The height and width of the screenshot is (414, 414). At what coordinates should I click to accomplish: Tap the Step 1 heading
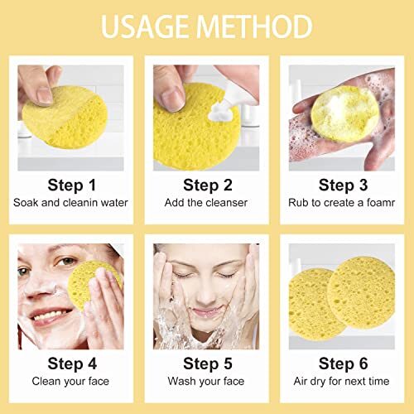click(70, 185)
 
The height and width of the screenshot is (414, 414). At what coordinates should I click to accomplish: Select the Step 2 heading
click(206, 185)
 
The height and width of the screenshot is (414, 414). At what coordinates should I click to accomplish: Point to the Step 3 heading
click(342, 185)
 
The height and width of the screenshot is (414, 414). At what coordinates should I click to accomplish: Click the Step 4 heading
click(70, 363)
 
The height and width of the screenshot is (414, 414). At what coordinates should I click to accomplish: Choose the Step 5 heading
click(206, 363)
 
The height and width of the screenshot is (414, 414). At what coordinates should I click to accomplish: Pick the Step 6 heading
click(342, 363)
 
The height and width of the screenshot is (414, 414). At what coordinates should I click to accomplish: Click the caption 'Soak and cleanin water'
click(70, 202)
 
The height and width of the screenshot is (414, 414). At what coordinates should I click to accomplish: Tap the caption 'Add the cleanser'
click(206, 202)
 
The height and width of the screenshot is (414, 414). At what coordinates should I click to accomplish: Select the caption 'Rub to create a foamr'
click(342, 202)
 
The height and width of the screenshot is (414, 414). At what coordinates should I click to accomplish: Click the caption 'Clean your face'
click(70, 381)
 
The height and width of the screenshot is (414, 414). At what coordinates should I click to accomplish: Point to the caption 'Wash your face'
click(206, 381)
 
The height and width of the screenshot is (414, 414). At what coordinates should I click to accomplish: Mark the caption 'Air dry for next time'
click(342, 381)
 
